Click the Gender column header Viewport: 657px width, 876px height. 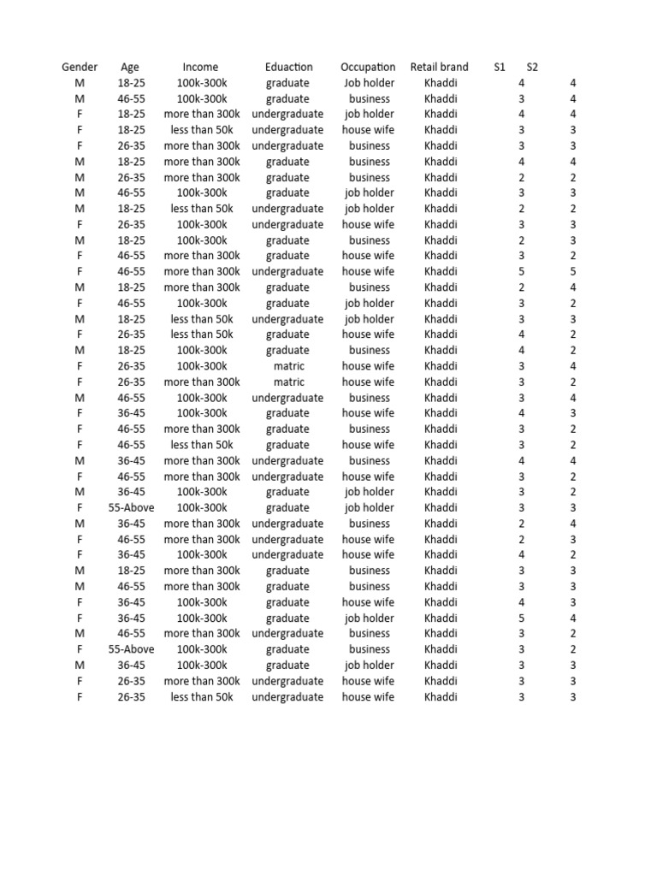coord(80,67)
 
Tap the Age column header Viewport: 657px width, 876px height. coord(130,67)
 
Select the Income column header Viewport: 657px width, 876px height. coord(200,67)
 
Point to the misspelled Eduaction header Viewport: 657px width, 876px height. coord(289,67)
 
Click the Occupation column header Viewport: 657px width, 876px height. coord(368,67)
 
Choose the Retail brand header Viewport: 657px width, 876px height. coord(440,67)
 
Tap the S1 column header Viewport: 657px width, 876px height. coord(500,67)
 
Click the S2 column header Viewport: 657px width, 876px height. coord(532,67)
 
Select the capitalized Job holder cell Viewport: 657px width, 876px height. coord(370,83)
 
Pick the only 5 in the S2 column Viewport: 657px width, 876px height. coord(573,272)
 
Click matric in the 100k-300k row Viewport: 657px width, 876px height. coord(289,366)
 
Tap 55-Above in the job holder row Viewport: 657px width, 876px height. coord(132,507)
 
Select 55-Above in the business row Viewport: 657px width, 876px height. coord(132,649)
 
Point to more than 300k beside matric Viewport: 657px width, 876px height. coord(202,382)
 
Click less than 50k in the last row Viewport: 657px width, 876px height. coord(202,697)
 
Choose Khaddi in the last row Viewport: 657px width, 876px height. coord(441,697)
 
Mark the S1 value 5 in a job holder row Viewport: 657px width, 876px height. coord(522,618)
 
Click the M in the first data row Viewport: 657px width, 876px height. coord(80,83)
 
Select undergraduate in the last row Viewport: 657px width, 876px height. coord(287,697)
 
